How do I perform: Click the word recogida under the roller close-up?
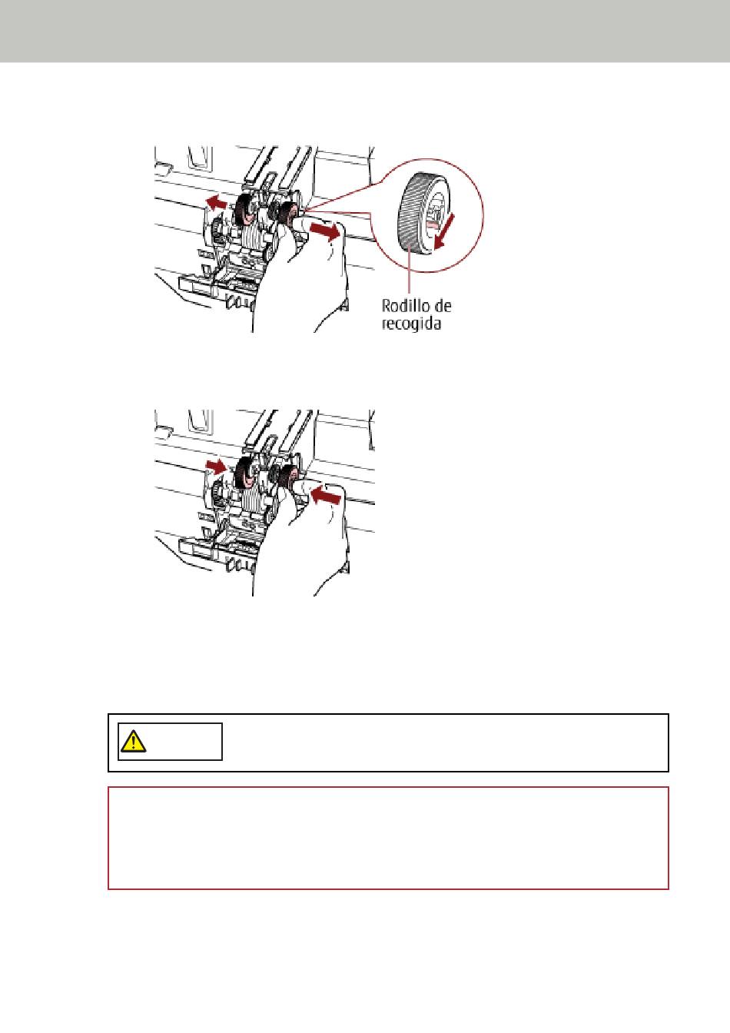click(411, 324)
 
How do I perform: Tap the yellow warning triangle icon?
click(133, 741)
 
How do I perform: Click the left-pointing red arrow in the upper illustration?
click(216, 201)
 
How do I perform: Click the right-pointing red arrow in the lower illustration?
click(216, 466)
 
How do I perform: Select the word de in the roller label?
click(443, 305)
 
